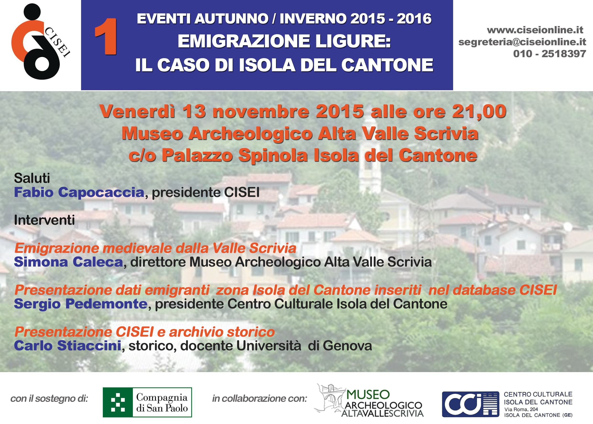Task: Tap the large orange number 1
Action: pos(106,37)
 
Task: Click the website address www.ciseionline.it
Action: pos(535,30)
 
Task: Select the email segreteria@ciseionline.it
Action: pos(522,42)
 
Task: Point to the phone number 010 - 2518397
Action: pos(550,54)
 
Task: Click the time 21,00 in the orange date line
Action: pos(479,112)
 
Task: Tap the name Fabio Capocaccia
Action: pos(79,192)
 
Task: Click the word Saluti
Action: pos(32,178)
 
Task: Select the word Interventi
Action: pos(44,220)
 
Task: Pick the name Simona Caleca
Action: pos(68,262)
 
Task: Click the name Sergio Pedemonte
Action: pos(81,304)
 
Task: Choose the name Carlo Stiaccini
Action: pos(68,346)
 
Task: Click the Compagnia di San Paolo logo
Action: pos(147,402)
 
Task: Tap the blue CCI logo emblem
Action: pos(470,404)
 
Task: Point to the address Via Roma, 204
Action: pos(521,409)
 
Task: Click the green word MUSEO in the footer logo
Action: pos(368,395)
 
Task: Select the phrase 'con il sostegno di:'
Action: pos(49,399)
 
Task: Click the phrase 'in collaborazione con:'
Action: pos(260,399)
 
